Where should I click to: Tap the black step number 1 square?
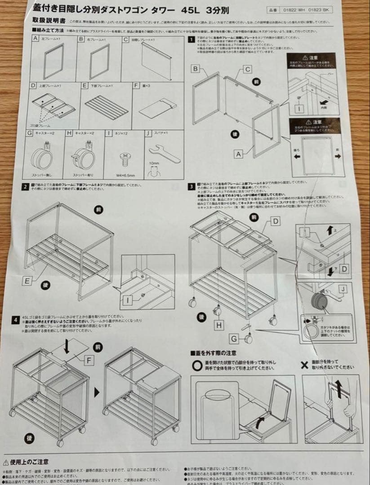[192, 40]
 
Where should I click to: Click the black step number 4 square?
[16, 321]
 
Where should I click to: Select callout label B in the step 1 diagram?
[195, 69]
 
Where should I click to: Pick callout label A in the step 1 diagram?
[239, 154]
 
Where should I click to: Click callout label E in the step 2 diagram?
[27, 281]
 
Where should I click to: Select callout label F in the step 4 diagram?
[90, 359]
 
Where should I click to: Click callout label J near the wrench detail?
[343, 290]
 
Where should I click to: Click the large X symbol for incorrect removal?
[304, 365]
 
